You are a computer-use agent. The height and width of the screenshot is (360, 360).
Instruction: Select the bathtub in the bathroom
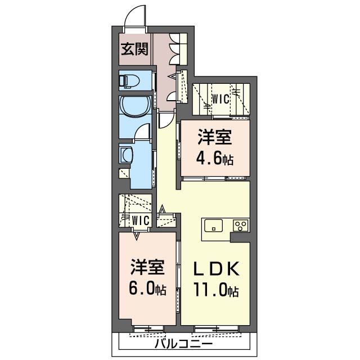click(134, 106)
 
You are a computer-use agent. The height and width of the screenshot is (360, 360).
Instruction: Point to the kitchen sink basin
click(214, 226)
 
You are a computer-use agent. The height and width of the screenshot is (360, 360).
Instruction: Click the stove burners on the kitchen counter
click(241, 226)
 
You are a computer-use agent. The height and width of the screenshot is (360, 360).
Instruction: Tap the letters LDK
click(217, 269)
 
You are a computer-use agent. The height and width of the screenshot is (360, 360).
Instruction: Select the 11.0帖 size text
click(217, 291)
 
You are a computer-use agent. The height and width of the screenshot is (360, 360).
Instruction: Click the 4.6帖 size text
click(214, 159)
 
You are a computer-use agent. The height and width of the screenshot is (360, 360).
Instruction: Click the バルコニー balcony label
click(183, 343)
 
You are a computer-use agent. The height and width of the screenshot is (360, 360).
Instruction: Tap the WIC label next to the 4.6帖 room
click(220, 100)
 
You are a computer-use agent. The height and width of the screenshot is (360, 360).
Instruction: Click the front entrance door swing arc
click(135, 14)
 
